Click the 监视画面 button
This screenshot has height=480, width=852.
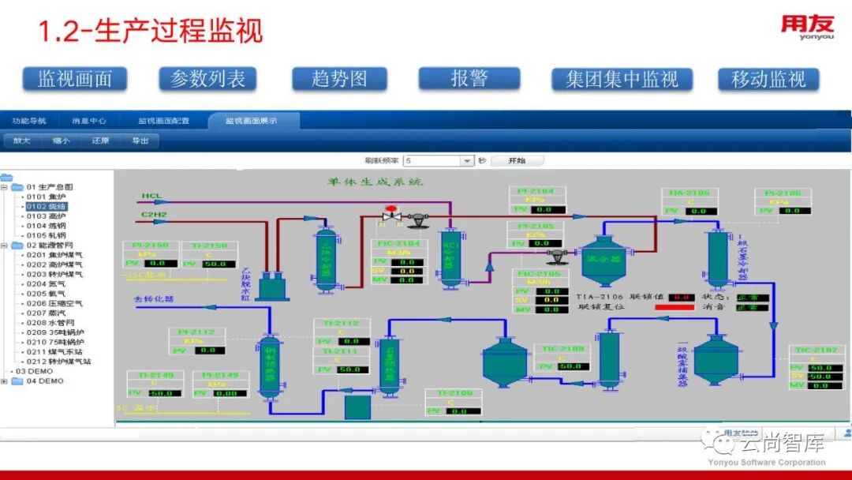coord(75,79)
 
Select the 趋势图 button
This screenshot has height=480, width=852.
coord(339,79)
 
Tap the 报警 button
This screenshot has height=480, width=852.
coord(469,78)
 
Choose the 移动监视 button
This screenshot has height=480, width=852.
coord(768,79)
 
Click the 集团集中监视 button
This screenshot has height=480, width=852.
coord(622,79)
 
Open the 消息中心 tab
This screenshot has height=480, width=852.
coord(89,121)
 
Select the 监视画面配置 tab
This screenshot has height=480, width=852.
coord(163,121)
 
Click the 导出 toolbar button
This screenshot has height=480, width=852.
coord(140,141)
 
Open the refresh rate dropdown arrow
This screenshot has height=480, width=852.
coord(466,161)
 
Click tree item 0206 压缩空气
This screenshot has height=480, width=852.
coord(54,303)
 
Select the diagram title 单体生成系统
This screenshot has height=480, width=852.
coord(376,182)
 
